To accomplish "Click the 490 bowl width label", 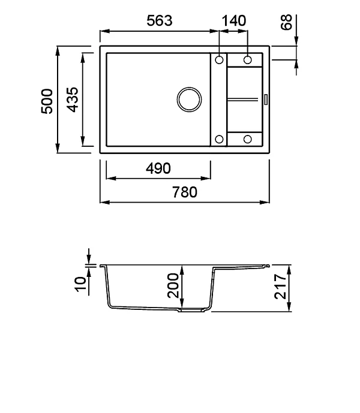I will (x=158, y=168).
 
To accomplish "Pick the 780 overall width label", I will (x=185, y=192).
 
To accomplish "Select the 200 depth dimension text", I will (x=173, y=286).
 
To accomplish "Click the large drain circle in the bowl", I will (x=190, y=99).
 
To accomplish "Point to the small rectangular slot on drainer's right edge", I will (x=265, y=99).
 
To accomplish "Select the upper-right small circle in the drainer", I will (x=248, y=59).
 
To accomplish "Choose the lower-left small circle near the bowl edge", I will (x=219, y=139).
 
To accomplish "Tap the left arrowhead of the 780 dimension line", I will (x=103, y=202).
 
